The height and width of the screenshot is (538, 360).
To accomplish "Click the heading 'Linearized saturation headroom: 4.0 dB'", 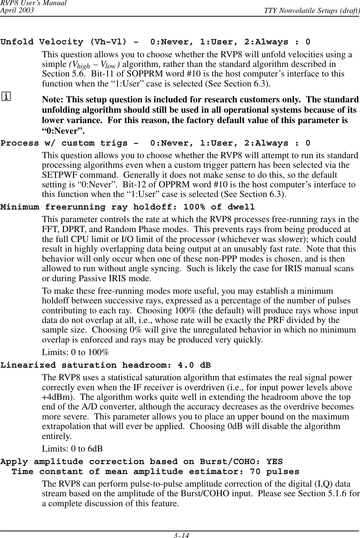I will coord(106,365).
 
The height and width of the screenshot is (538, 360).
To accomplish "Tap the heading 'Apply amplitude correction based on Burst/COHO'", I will coord(142,462).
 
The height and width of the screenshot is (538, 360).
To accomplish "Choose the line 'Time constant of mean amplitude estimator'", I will coord(156,472).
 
